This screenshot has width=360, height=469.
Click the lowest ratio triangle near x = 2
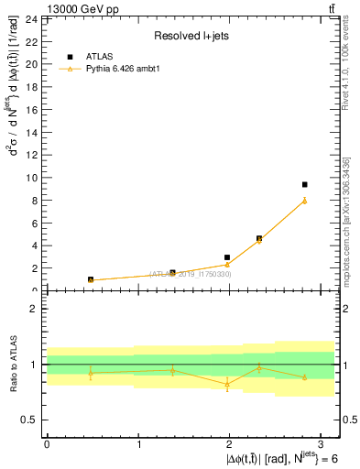227,385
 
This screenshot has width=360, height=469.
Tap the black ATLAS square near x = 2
227,258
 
